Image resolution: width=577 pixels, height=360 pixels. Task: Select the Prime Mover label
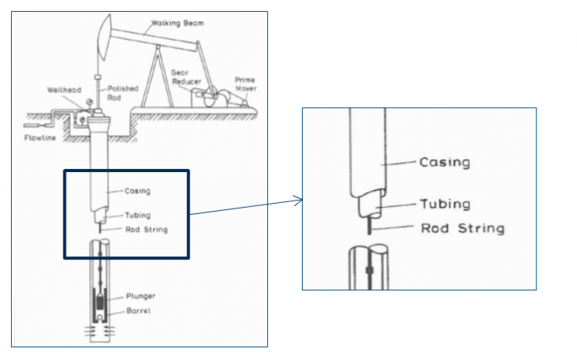(x=245, y=83)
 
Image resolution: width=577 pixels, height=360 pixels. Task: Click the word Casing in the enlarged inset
(x=445, y=163)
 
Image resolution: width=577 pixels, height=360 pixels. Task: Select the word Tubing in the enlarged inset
(x=445, y=204)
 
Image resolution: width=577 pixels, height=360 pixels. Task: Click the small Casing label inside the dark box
(x=136, y=191)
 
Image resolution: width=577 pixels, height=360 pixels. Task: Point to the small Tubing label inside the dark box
(x=136, y=215)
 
